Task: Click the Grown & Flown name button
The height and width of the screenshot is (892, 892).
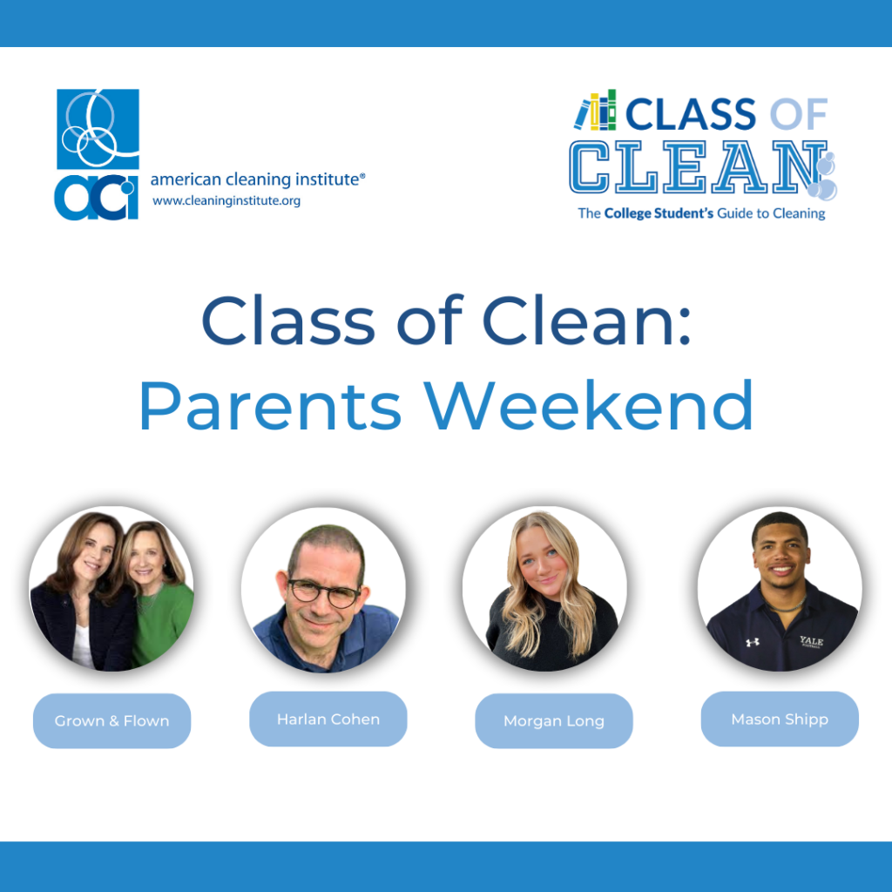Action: point(112,720)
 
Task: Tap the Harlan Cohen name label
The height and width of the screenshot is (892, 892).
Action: point(328,719)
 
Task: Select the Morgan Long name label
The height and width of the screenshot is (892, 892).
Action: point(553,720)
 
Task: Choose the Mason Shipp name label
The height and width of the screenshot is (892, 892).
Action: point(780,719)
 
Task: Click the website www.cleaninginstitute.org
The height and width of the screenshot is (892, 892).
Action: point(226,201)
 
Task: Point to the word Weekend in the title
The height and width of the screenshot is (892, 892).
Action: point(589,406)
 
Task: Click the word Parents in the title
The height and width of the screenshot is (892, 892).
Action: point(271,406)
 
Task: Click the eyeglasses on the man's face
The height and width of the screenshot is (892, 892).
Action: point(324,593)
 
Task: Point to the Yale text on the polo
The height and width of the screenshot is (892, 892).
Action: point(811,641)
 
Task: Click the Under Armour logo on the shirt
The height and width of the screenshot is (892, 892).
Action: point(752,642)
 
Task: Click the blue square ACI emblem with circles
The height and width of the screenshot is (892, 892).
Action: point(98,129)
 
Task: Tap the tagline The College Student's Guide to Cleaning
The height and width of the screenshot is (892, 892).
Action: point(701,213)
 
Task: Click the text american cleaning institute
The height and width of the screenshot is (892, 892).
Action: point(257,179)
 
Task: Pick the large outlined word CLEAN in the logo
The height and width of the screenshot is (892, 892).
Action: point(699,167)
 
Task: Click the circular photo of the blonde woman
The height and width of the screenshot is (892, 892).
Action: point(545,589)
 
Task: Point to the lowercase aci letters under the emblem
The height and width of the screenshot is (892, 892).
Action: point(96,198)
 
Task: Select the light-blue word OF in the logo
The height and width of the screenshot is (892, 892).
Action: point(799,115)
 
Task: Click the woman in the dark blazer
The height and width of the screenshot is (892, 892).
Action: point(85,591)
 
